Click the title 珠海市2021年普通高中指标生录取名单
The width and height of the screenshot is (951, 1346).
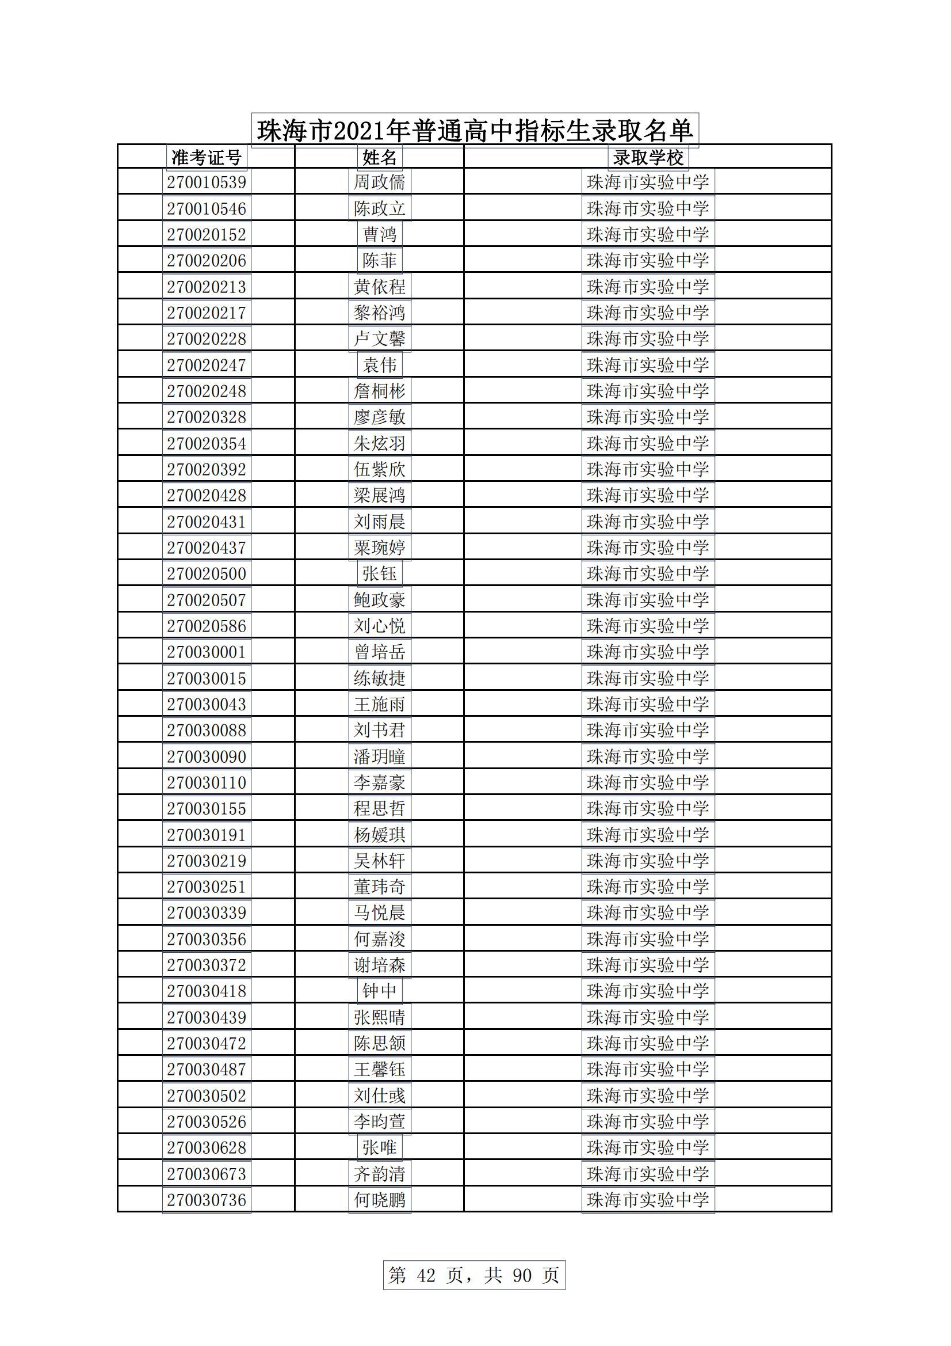[x=475, y=130]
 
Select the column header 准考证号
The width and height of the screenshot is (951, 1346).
[x=207, y=157]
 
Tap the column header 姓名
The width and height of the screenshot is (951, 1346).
[x=380, y=157]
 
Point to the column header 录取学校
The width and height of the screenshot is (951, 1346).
[x=648, y=157]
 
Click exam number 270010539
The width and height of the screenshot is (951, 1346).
[x=207, y=182]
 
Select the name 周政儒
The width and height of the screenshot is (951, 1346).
[x=380, y=182]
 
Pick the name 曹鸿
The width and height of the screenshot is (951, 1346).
[x=380, y=234]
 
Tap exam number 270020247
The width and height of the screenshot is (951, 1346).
[x=207, y=365]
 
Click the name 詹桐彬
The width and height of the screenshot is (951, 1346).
[x=380, y=391]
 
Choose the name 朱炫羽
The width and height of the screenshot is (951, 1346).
[x=380, y=443]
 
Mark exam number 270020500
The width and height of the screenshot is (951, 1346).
[x=207, y=573]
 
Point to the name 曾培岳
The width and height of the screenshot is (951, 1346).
[x=380, y=652]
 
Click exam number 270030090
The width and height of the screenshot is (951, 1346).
[x=207, y=756]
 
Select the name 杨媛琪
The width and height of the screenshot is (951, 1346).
[x=380, y=835]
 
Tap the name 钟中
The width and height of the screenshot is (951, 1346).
[x=380, y=991]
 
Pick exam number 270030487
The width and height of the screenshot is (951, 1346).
[x=207, y=1070]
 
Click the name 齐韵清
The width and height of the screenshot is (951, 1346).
[x=380, y=1174]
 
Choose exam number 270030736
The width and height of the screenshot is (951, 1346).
[x=207, y=1200]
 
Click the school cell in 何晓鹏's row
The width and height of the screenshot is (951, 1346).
[x=648, y=1200]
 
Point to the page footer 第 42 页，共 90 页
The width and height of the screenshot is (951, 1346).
[x=474, y=1275]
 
